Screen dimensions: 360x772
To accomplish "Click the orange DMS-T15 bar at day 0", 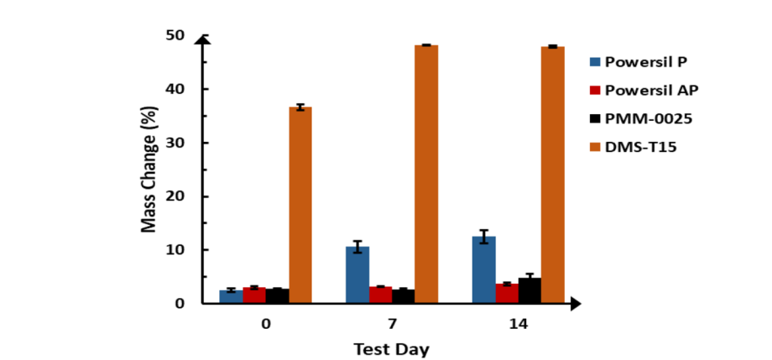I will [x=300, y=205].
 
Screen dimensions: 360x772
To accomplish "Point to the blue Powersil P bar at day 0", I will [x=231, y=296].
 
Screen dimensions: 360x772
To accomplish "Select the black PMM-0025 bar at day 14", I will [x=529, y=290].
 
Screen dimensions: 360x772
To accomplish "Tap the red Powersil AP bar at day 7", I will [x=380, y=295].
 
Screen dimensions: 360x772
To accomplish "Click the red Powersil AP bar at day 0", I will [x=254, y=295].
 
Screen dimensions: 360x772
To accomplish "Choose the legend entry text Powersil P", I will [x=647, y=60].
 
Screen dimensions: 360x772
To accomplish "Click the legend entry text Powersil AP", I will [x=652, y=90].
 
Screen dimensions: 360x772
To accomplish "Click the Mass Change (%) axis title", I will [x=149, y=169].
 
